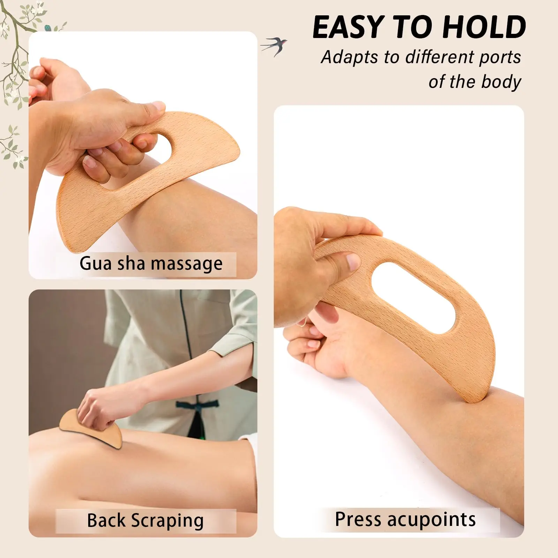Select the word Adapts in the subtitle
coord(349,58)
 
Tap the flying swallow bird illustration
coord(274,46)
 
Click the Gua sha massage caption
coord(151,264)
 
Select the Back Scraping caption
coord(145,521)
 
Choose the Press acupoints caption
coord(405,520)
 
